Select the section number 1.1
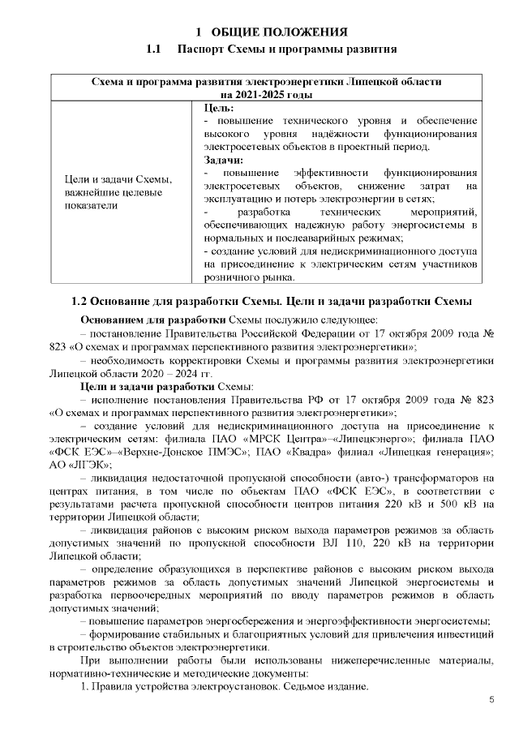click(155, 50)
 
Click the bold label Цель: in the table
click(219, 107)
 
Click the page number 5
click(491, 700)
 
